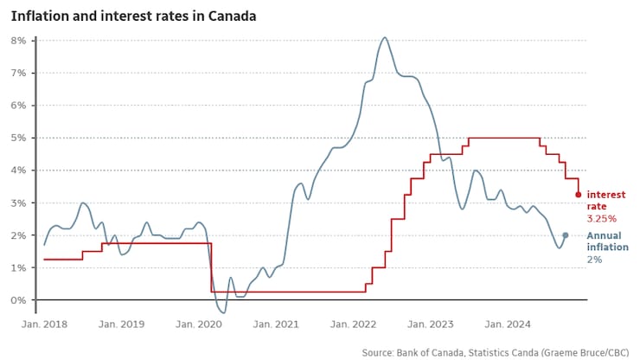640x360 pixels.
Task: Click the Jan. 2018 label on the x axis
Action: click(43, 325)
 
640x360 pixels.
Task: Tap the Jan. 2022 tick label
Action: click(353, 325)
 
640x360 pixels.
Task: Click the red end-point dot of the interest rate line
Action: click(578, 195)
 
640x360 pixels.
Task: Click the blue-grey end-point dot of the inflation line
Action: click(565, 235)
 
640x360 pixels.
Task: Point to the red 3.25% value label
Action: click(602, 219)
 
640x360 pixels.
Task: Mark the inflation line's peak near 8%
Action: click(385, 38)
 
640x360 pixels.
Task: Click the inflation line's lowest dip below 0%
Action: click(222, 312)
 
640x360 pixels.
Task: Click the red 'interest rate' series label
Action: click(605, 201)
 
